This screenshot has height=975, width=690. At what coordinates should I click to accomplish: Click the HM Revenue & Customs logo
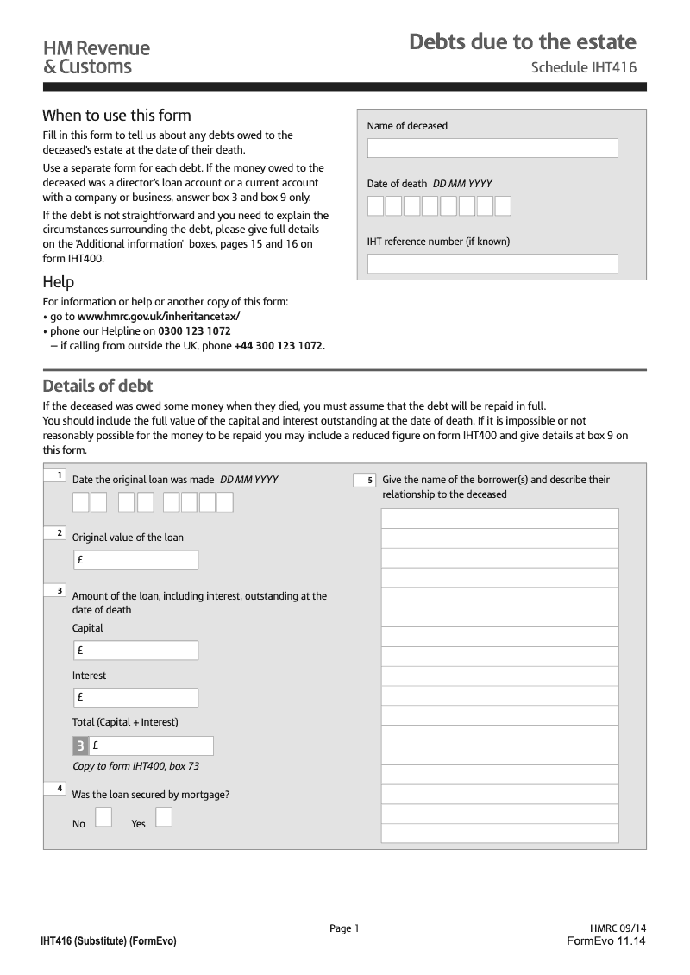tap(96, 57)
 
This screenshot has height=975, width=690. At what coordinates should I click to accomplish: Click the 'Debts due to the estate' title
tap(522, 41)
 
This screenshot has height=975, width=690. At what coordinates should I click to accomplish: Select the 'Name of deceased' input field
tap(492, 148)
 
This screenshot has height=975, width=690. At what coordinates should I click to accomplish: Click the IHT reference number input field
tap(492, 263)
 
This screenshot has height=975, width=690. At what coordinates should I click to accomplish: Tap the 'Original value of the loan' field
tap(136, 560)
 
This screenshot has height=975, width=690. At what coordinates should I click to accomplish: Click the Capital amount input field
tap(136, 651)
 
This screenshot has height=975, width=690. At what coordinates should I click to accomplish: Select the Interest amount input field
tap(136, 697)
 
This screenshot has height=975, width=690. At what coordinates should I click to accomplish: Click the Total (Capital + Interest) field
tap(152, 745)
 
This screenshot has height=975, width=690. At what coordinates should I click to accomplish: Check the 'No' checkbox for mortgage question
tap(103, 817)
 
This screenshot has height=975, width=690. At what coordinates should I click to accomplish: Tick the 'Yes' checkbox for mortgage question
tap(164, 817)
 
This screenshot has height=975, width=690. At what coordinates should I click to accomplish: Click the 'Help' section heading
tap(59, 282)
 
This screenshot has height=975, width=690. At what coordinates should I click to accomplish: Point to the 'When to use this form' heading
tap(116, 116)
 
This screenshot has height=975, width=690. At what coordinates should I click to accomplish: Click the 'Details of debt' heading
tap(97, 386)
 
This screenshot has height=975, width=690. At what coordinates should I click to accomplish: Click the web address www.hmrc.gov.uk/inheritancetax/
tap(159, 317)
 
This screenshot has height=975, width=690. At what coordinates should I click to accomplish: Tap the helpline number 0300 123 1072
tap(194, 330)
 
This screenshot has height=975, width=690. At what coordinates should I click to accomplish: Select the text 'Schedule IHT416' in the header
tap(583, 67)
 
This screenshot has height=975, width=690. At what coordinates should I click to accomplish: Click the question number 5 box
tap(364, 480)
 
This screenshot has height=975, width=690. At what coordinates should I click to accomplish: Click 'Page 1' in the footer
tap(344, 928)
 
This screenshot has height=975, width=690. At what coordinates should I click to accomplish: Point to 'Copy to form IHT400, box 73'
tap(136, 766)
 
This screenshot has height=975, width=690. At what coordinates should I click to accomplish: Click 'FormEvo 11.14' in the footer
tap(605, 940)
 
